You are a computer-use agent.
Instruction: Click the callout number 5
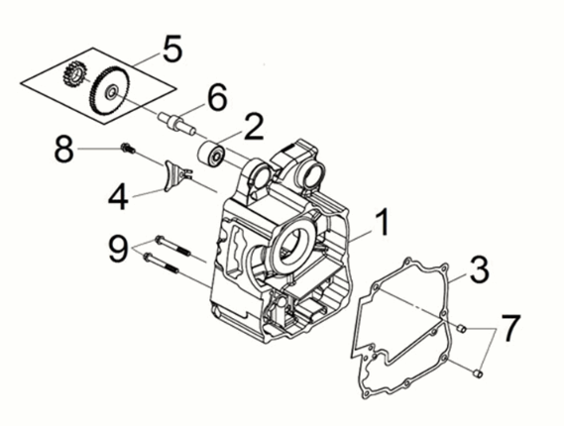tap(172, 49)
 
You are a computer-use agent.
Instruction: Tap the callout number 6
tap(218, 97)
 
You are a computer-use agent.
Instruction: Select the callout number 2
tap(253, 127)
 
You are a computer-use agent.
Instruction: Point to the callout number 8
tap(64, 149)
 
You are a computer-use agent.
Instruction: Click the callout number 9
tap(118, 248)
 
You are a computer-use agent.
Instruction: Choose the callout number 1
tap(382, 223)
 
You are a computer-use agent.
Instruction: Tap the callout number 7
tap(510, 328)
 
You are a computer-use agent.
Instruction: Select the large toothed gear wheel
tap(109, 91)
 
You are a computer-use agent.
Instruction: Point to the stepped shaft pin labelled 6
tap(177, 123)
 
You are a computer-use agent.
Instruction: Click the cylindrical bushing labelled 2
tap(212, 156)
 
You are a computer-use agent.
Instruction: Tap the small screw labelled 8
tap(129, 149)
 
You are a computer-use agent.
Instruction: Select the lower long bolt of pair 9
tap(161, 263)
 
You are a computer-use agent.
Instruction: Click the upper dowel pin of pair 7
tap(462, 328)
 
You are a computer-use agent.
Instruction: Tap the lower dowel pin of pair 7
tap(478, 373)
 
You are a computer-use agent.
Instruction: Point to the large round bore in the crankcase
tap(292, 248)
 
